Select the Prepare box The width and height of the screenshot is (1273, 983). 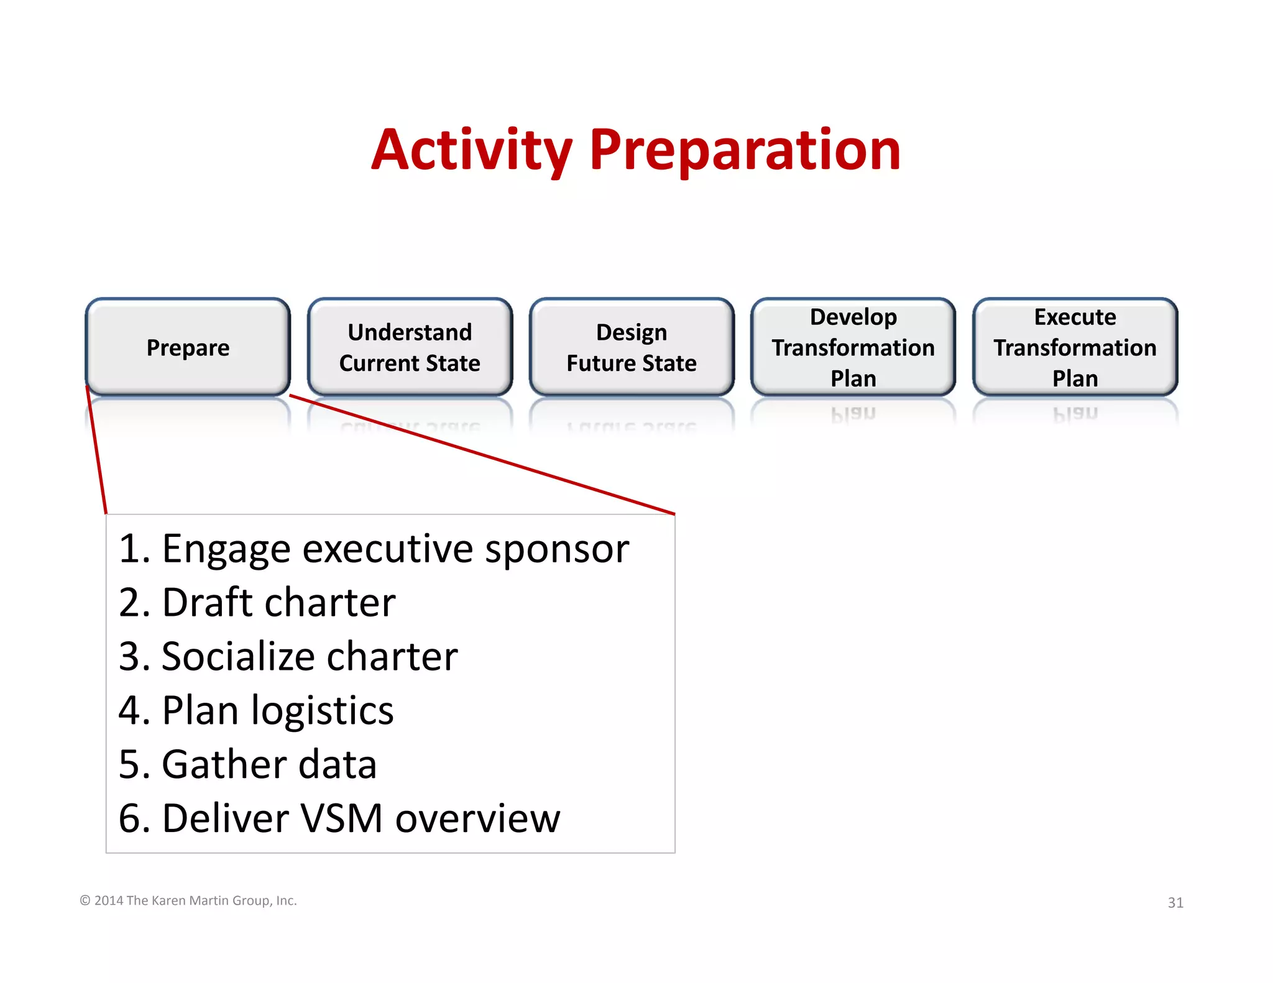click(x=188, y=347)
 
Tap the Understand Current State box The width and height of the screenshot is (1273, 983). click(x=410, y=347)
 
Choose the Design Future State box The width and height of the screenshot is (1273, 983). click(x=632, y=347)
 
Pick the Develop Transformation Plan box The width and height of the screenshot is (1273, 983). click(x=853, y=347)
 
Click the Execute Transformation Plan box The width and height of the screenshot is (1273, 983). click(x=1075, y=347)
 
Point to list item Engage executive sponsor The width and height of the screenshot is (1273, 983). click(x=373, y=549)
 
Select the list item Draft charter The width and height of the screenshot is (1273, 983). click(x=257, y=603)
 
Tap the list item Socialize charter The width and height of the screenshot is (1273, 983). click(x=288, y=657)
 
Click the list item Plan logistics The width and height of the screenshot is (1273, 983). click(x=255, y=710)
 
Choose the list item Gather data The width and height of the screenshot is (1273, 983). click(x=247, y=764)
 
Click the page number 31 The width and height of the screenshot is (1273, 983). click(x=1175, y=902)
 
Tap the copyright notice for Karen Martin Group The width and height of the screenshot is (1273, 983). click(x=188, y=900)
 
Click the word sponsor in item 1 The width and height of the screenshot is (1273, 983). click(x=556, y=549)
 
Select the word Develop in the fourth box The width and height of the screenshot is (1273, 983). click(x=853, y=317)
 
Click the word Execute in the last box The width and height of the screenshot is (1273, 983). click(x=1075, y=317)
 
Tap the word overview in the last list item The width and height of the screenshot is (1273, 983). click(x=477, y=818)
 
